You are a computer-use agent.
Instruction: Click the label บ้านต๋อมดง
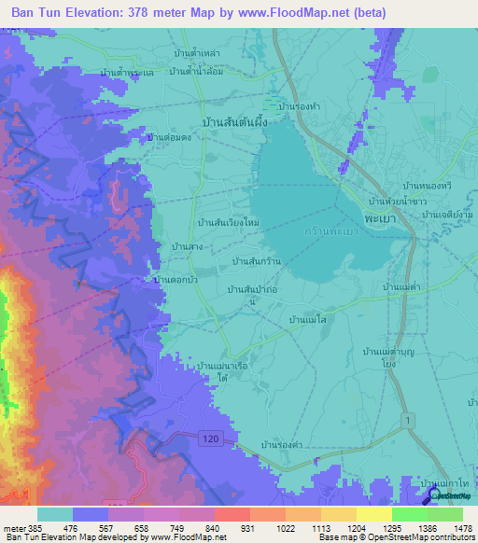[171, 136]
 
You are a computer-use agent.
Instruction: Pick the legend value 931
[232, 526]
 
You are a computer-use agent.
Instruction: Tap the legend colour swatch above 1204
[339, 513]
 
